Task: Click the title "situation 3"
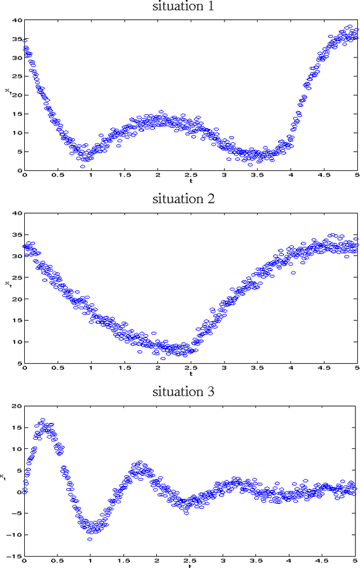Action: click(183, 392)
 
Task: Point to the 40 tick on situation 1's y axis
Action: click(17, 20)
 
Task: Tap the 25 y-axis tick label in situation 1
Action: click(17, 76)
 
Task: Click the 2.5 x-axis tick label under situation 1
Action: click(190, 175)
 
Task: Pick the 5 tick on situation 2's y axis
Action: click(19, 363)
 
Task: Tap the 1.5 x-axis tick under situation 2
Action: click(124, 368)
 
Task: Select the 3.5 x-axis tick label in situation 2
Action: click(257, 368)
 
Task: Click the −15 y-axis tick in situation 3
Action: click(15, 556)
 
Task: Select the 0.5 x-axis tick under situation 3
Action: click(57, 561)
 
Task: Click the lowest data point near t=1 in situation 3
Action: click(89, 539)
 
